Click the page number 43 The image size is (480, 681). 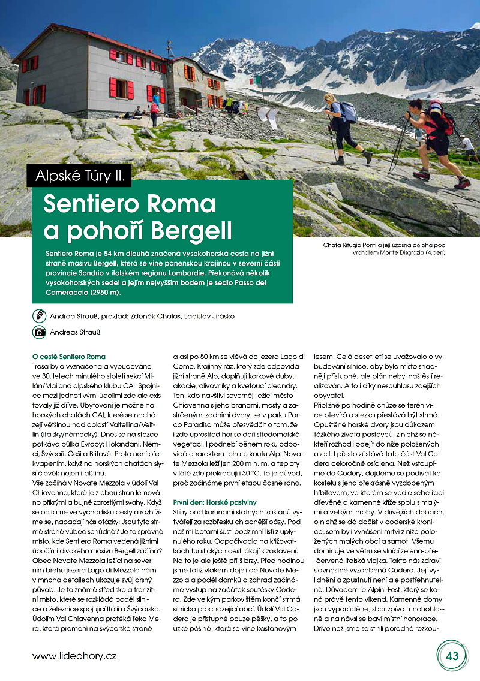pos(452,655)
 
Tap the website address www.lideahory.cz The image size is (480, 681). pos(74,656)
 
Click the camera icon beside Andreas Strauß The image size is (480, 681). pos(40,332)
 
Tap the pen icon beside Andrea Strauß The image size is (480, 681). pos(40,315)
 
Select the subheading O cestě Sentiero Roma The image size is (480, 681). pos(69,357)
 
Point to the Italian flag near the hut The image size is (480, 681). pos(256,80)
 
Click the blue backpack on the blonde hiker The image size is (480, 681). pos(349,112)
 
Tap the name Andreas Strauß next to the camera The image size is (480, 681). pos(76,332)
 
